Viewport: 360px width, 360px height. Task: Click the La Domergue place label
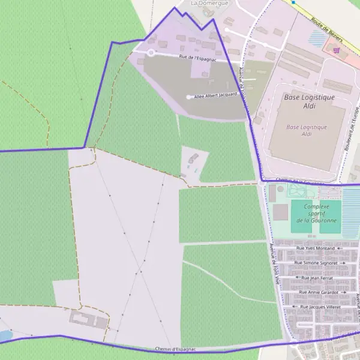click(x=202, y=3)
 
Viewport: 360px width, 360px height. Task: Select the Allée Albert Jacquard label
click(x=216, y=95)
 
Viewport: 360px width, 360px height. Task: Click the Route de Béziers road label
click(x=327, y=29)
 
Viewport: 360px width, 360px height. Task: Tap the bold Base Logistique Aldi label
click(x=309, y=101)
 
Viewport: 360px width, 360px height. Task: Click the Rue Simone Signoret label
click(x=316, y=263)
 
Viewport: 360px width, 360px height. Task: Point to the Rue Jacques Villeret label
click(x=320, y=307)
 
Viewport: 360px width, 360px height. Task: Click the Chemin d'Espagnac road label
click(x=175, y=349)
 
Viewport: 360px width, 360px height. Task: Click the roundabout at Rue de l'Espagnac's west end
click(x=151, y=53)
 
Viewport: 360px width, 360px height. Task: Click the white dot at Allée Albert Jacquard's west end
click(x=189, y=97)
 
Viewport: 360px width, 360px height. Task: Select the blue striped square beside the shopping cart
click(x=317, y=38)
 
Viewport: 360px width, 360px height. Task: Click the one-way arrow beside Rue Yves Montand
click(x=339, y=248)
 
